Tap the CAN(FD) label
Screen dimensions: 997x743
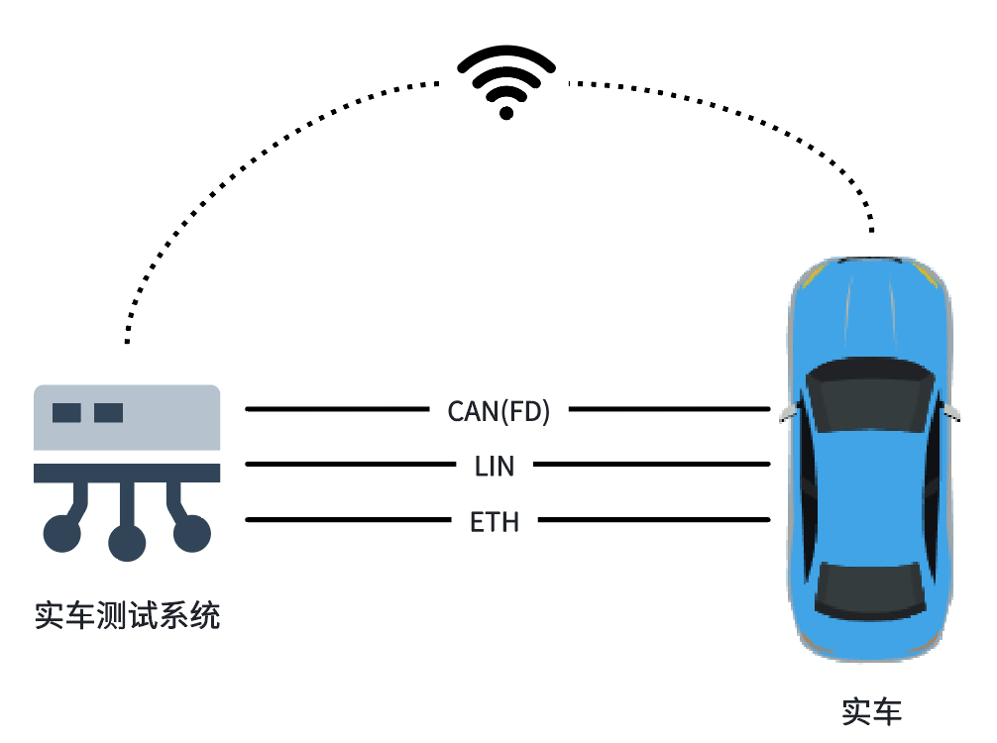[498, 410]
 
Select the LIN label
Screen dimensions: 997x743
[495, 465]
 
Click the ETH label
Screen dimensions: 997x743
[495, 520]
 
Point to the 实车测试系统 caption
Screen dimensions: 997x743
[127, 615]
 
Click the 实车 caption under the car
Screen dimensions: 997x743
[871, 710]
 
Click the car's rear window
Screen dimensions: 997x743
[871, 590]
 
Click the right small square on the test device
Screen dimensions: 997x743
[108, 412]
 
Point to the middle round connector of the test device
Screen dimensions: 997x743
[127, 543]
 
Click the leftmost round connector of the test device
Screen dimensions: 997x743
[62, 533]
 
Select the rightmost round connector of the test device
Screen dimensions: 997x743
[192, 533]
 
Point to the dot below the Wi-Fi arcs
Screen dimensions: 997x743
[506, 113]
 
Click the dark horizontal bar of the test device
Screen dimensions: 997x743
[127, 473]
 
